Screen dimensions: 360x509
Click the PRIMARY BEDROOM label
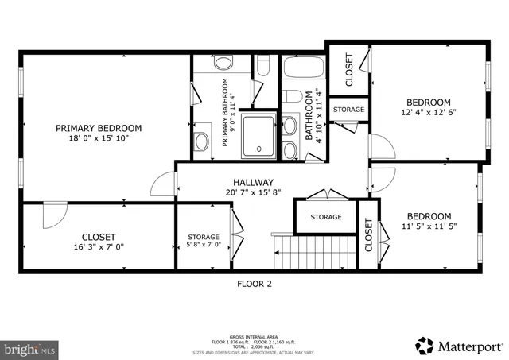click(99, 128)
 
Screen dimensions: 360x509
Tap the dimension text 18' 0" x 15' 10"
click(99, 138)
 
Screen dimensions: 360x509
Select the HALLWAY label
click(254, 182)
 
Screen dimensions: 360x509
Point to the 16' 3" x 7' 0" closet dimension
click(99, 247)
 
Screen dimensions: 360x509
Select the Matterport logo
click(459, 346)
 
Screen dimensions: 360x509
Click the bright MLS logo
click(29, 348)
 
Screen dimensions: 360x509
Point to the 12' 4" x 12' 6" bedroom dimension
click(429, 113)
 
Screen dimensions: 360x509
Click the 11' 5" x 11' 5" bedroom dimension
click(429, 226)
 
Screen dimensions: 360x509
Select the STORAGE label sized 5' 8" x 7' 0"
click(204, 238)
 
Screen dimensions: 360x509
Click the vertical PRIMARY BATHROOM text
click(225, 112)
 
